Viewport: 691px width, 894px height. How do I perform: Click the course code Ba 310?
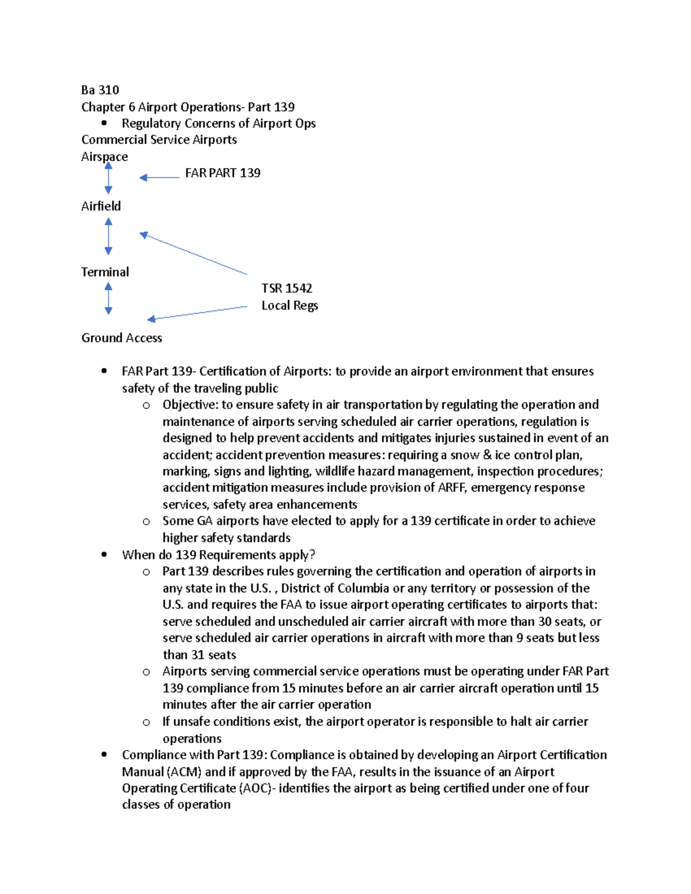tap(100, 90)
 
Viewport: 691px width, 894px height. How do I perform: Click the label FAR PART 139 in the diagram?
tap(222, 173)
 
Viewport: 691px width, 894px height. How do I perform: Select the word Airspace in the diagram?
tap(104, 157)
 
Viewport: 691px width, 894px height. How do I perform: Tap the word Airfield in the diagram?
tap(101, 206)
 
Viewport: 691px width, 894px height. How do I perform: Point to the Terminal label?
tap(105, 272)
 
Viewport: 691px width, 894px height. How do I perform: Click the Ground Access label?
tap(122, 338)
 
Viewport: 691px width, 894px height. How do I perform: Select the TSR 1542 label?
tap(286, 288)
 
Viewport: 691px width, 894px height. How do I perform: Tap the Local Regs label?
tap(290, 305)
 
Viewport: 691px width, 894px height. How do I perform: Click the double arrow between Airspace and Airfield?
tap(108, 178)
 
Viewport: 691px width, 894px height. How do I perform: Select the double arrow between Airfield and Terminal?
tap(108, 236)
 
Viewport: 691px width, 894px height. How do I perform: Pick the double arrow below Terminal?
tap(108, 299)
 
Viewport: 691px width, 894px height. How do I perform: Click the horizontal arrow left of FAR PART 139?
tap(160, 177)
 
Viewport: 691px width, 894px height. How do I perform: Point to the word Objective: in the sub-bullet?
tap(190, 405)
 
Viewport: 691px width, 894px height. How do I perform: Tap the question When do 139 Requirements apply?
tap(218, 555)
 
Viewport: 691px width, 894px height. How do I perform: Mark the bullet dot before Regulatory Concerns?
tap(104, 123)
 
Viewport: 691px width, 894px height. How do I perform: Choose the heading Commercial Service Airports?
tap(159, 140)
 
